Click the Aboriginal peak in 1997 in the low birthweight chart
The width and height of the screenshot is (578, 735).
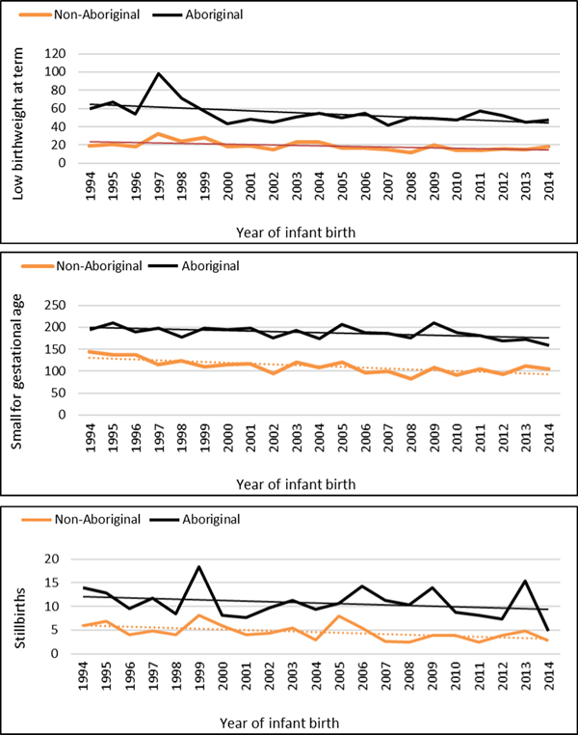click(159, 73)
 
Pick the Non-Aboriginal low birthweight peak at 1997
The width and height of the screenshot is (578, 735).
click(159, 134)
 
